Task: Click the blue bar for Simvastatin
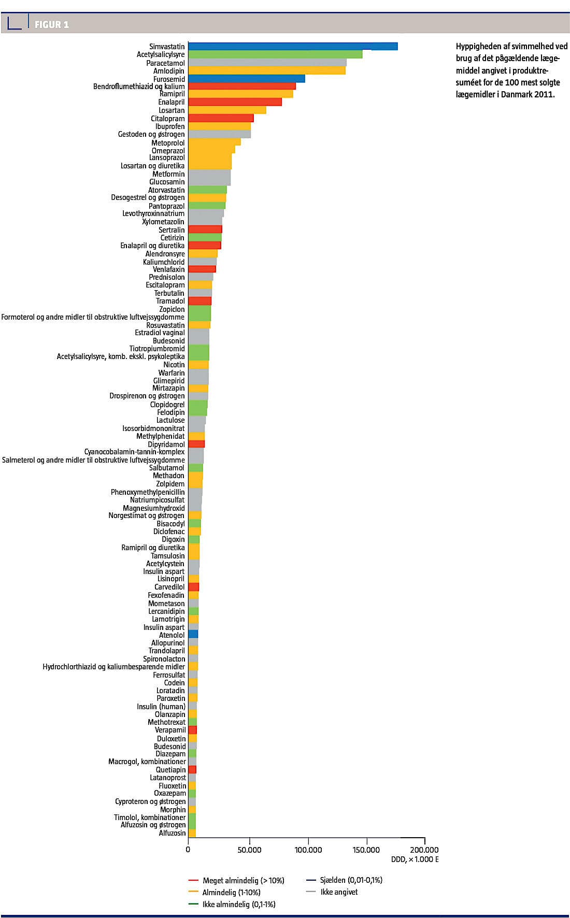tap(293, 46)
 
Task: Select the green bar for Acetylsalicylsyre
tap(275, 54)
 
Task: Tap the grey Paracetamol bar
tap(267, 63)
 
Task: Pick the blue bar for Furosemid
tap(247, 79)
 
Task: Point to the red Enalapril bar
tap(235, 102)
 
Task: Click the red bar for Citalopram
tap(221, 118)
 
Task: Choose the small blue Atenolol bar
tap(193, 635)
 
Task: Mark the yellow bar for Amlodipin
tap(267, 70)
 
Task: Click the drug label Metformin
tap(168, 174)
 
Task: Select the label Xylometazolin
tap(163, 222)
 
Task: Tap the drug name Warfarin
tap(172, 373)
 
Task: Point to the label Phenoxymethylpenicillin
tap(148, 492)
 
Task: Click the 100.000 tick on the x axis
tap(308, 850)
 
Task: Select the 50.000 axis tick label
tap(249, 850)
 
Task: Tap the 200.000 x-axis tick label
tap(424, 850)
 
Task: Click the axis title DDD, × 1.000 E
tap(415, 859)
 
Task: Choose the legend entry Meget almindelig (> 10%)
tap(243, 881)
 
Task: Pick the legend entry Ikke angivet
tap(339, 892)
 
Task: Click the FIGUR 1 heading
tap(51, 24)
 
